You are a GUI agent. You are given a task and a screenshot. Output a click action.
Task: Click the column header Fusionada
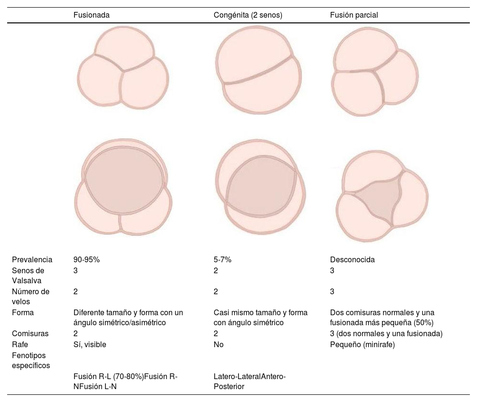(92, 15)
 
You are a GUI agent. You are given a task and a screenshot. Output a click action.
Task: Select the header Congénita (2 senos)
(248, 15)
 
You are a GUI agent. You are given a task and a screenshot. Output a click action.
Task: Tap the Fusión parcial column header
(354, 15)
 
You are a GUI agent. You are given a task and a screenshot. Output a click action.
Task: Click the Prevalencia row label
(32, 260)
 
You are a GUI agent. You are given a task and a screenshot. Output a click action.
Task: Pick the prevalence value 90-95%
(86, 260)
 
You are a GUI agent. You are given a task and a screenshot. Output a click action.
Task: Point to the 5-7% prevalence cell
(222, 260)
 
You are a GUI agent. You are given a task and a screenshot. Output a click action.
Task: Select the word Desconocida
(353, 260)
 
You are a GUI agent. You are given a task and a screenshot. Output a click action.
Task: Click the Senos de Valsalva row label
(29, 276)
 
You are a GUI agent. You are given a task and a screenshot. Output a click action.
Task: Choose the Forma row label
(22, 313)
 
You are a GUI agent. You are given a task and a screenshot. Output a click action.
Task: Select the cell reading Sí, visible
(90, 344)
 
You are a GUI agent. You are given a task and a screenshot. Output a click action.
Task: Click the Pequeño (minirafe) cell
(363, 344)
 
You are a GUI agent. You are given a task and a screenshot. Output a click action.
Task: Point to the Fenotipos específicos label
(31, 360)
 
